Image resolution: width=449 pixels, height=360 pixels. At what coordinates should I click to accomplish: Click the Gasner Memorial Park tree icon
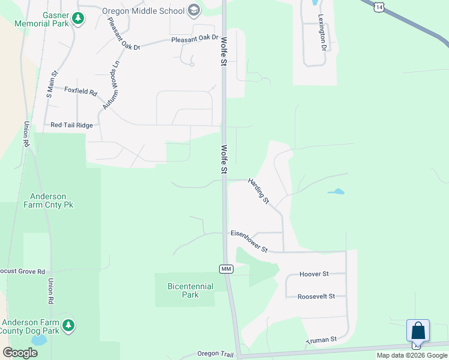(77, 19)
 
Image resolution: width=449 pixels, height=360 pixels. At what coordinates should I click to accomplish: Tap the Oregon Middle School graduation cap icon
(193, 10)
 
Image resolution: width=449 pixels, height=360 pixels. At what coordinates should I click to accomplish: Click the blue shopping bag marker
(418, 331)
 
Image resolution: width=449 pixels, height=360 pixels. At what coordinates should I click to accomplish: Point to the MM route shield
(226, 269)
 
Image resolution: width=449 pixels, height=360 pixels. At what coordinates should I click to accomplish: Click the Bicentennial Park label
(190, 290)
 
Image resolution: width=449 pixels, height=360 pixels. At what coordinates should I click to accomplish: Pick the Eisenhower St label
(249, 241)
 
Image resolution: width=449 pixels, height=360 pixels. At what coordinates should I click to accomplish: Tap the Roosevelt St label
(315, 296)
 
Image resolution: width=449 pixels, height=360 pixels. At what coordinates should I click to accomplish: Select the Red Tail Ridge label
(72, 125)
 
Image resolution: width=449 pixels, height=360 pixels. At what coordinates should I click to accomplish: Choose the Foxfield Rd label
(80, 91)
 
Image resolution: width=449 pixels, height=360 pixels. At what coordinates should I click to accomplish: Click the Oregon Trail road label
(214, 354)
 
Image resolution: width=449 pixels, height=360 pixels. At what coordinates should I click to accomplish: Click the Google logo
(20, 352)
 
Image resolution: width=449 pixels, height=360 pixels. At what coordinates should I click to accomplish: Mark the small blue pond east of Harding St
(336, 193)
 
